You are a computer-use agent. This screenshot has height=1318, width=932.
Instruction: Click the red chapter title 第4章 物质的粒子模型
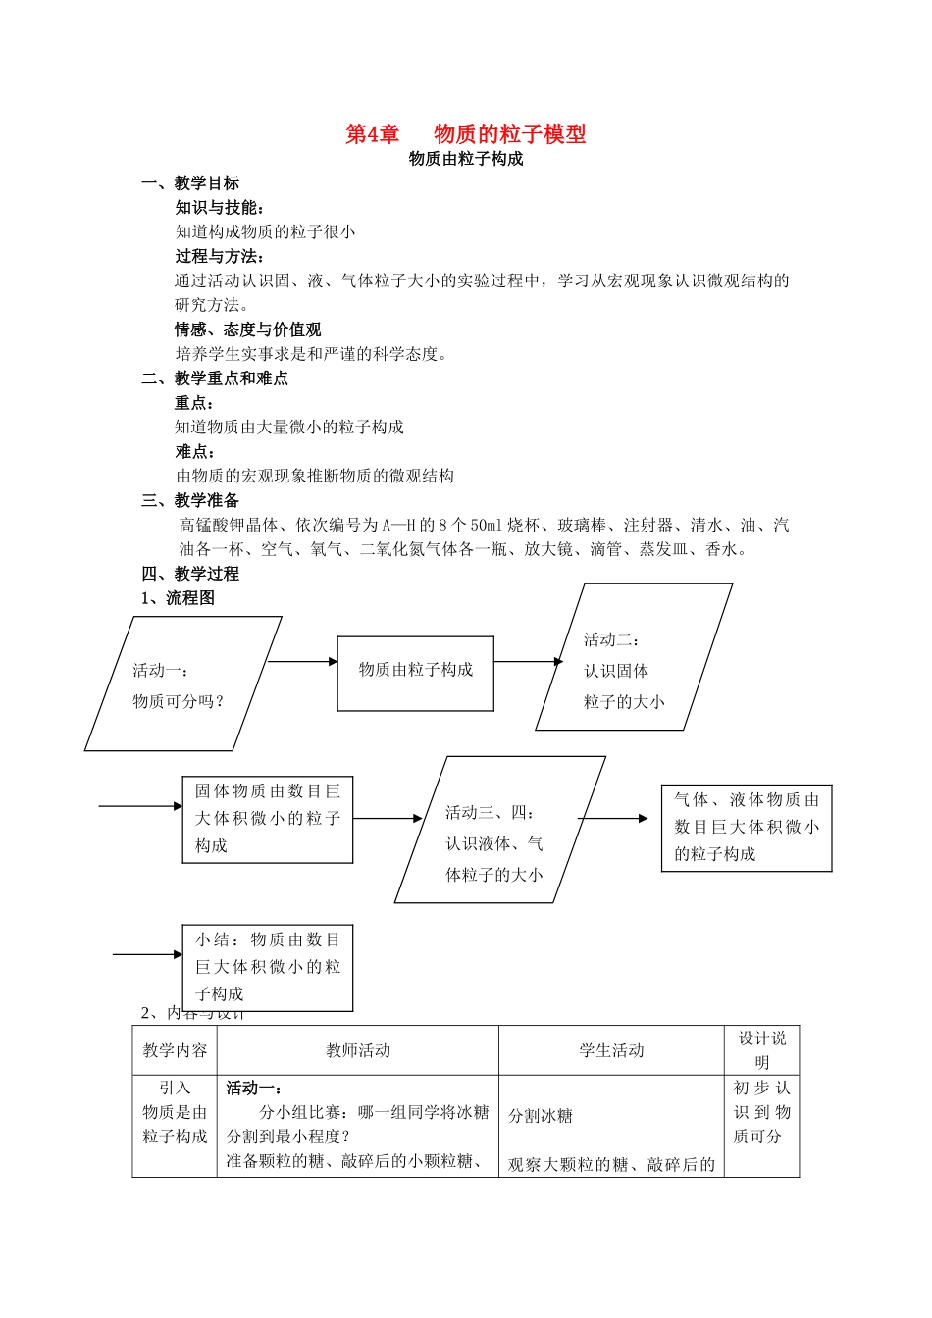pos(466,134)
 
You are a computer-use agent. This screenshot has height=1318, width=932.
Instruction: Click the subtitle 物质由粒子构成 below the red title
pos(466,159)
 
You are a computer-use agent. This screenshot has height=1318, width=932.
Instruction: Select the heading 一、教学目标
pos(190,183)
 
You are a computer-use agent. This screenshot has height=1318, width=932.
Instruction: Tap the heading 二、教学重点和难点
pos(215,379)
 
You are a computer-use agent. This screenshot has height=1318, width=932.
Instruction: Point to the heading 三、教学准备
pos(190,500)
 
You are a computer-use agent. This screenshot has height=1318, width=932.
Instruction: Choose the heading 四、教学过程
pos(190,574)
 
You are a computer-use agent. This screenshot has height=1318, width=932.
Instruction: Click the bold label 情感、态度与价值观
pos(248,329)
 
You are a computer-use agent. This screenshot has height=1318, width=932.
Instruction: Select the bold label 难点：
pos(195,451)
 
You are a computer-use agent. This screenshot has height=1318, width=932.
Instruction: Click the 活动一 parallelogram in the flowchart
pos(182,684)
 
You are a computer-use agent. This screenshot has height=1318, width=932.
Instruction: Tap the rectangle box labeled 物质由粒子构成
pos(415,673)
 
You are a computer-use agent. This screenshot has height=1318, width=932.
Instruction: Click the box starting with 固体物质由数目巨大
pos(267,819)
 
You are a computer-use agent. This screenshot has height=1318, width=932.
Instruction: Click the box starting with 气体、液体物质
pos(746,828)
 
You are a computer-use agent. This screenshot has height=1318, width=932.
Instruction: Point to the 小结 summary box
pos(267,967)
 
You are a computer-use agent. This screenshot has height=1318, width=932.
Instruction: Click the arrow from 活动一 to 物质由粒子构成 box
pos(302,662)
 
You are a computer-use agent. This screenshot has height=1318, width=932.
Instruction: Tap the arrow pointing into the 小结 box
pos(147,954)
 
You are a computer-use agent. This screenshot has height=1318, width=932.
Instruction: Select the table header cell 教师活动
pos(358,1051)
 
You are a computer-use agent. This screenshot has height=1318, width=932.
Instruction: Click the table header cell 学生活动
pos(611,1051)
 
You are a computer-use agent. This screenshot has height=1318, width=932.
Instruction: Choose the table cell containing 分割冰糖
pos(611,1126)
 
